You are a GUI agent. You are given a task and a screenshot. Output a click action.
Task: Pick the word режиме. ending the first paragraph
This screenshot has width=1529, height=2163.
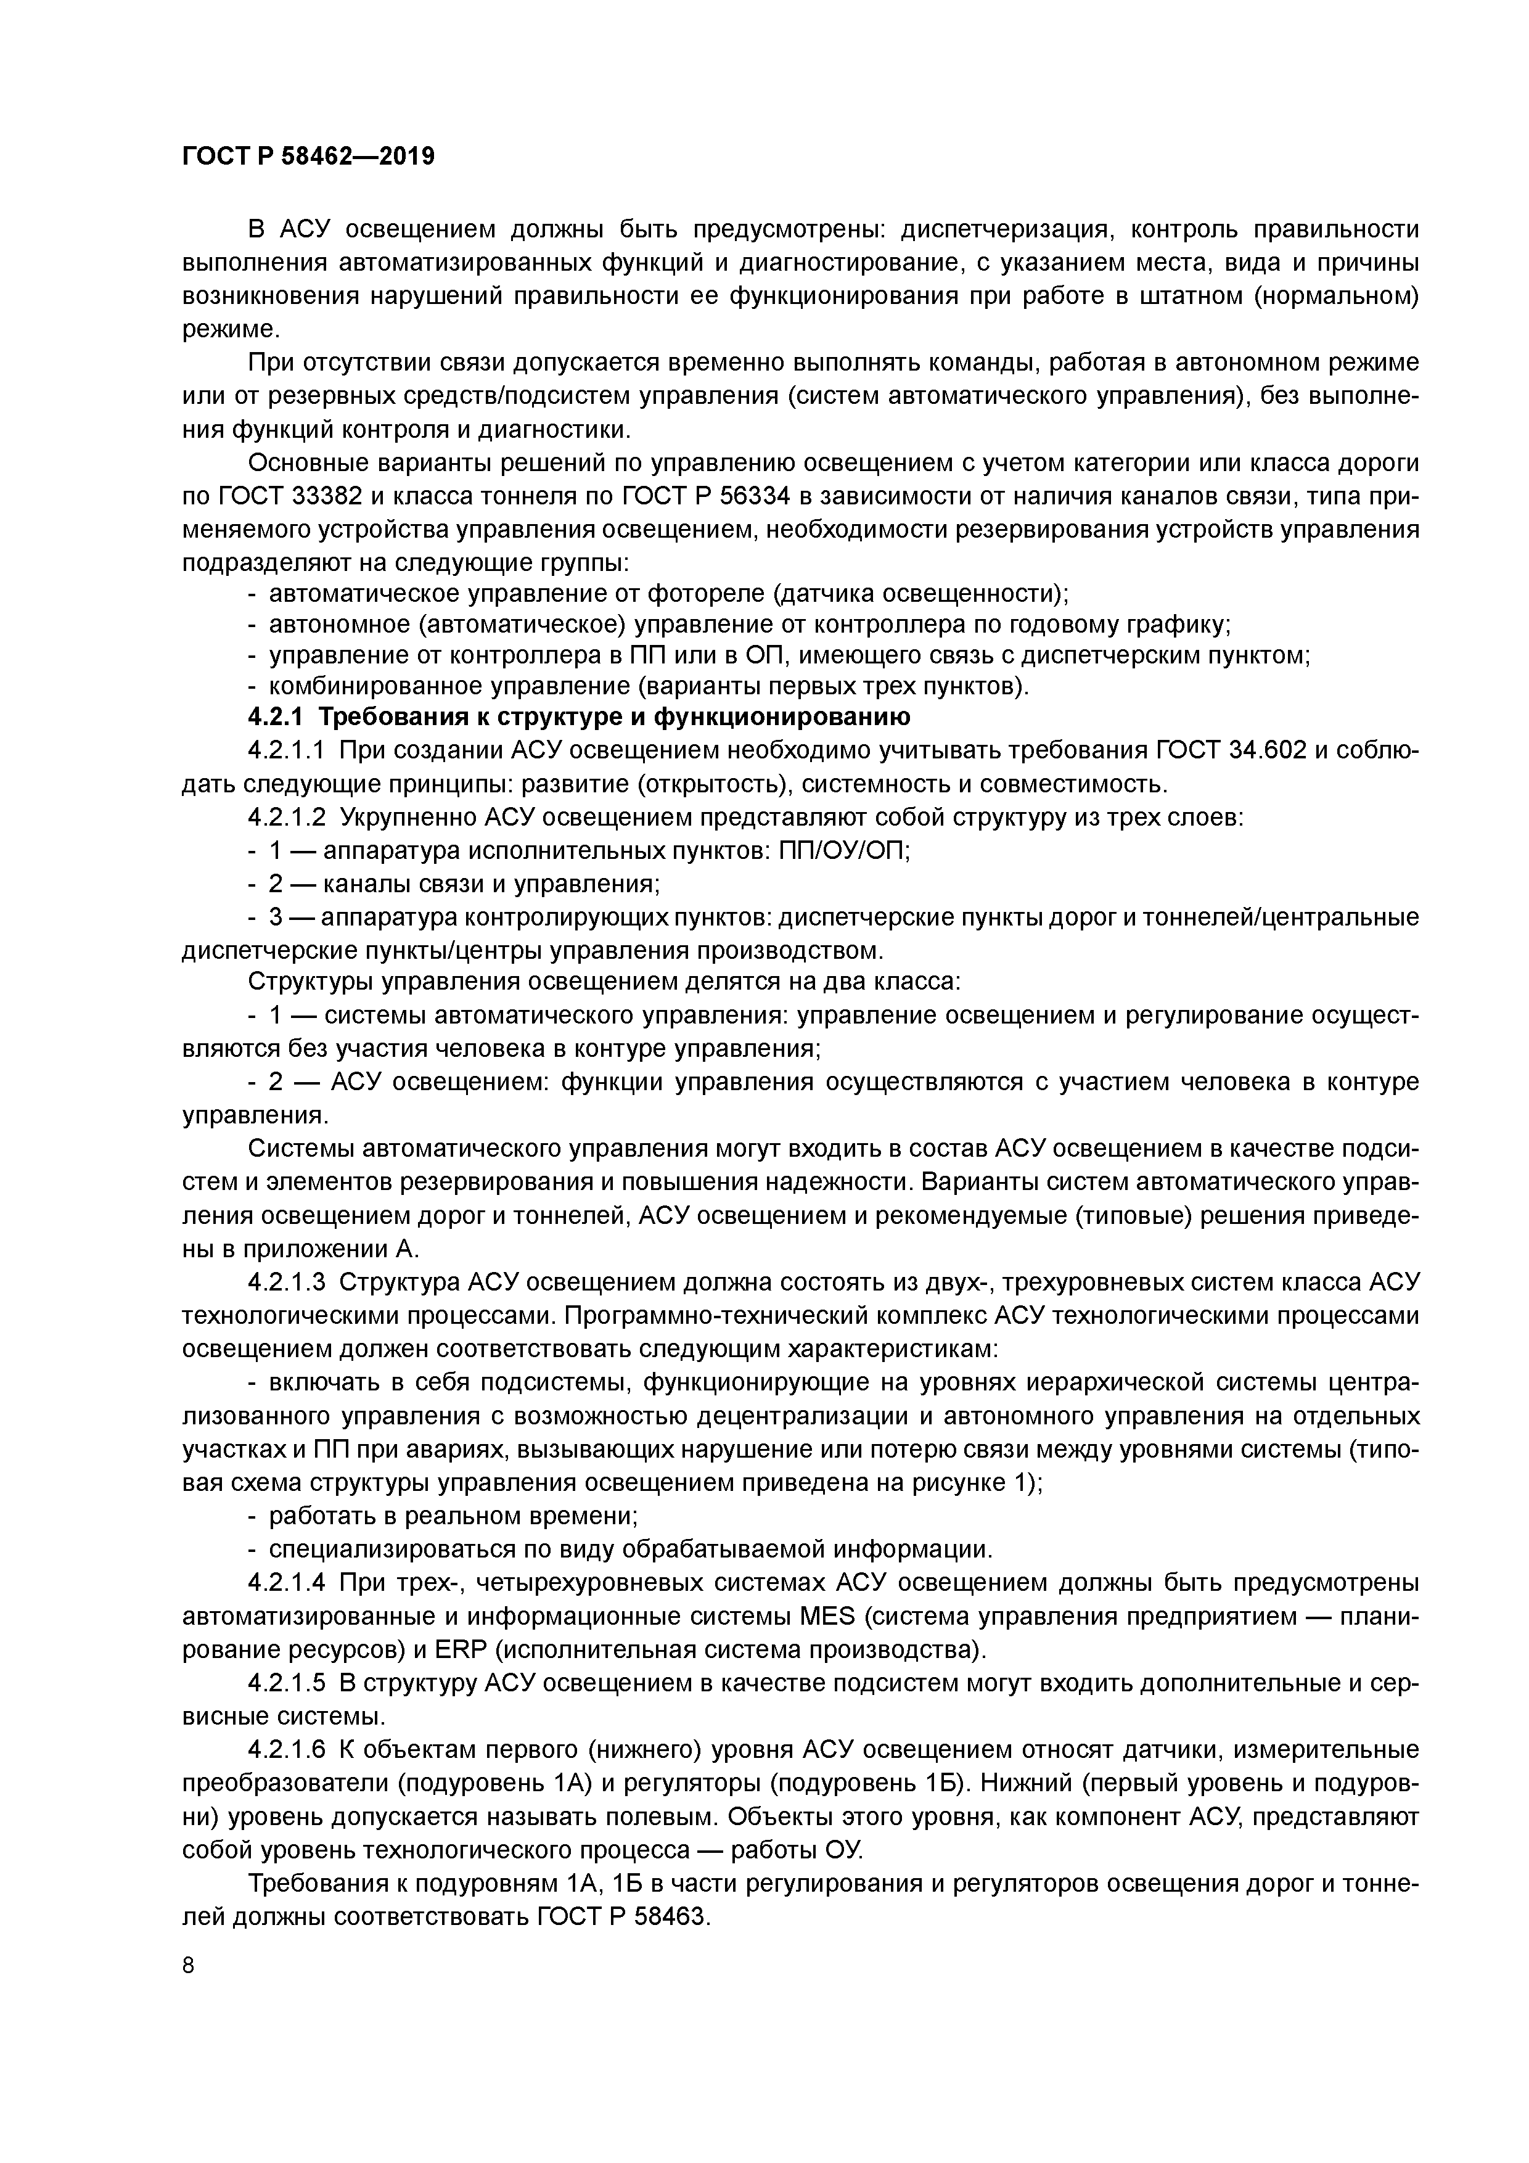[231, 329]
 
